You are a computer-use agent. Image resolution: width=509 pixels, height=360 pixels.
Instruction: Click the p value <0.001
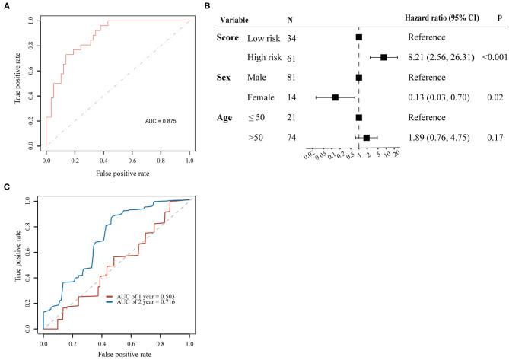[488, 57]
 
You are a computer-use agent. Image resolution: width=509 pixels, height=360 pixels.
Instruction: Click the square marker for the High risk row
[384, 57]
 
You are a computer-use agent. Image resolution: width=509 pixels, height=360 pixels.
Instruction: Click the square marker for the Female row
[336, 97]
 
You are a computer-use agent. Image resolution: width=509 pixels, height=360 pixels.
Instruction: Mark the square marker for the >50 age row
[367, 138]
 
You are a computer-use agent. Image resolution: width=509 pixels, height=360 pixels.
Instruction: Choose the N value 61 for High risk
[293, 57]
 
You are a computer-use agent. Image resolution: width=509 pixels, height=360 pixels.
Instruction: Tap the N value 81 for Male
[293, 78]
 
